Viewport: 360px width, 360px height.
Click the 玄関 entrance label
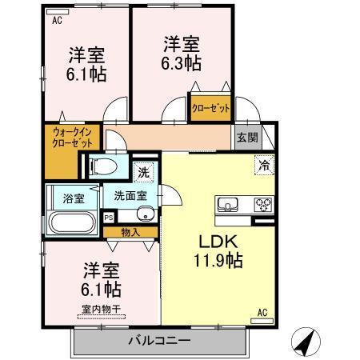pos(247,137)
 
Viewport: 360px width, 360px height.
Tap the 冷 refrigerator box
pos(263,166)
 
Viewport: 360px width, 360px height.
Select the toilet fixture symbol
pos(102,166)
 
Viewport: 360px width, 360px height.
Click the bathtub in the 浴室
pos(72,221)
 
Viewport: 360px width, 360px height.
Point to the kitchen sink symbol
pos(227,204)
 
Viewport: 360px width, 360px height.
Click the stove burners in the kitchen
pos(263,204)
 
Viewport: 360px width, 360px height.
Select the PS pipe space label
pos(109,216)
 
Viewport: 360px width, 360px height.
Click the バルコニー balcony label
pos(159,342)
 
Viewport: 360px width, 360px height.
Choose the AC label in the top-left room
pos(57,22)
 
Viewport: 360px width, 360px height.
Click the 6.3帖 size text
pos(183,64)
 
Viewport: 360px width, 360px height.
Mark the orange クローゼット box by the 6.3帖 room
pos(210,106)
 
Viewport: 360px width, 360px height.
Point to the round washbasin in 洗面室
pos(145,214)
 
